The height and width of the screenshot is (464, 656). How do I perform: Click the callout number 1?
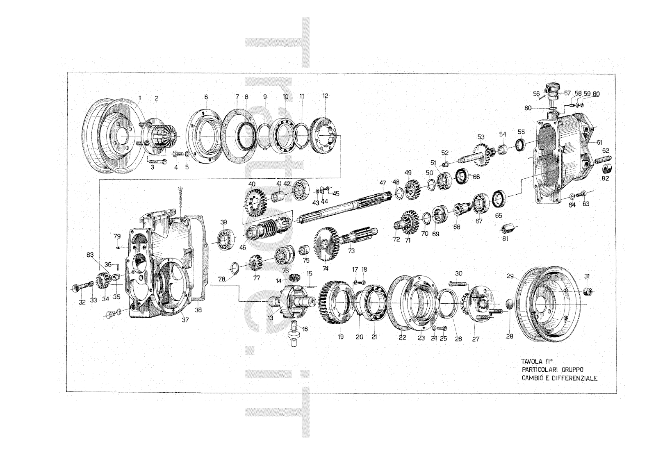(139, 98)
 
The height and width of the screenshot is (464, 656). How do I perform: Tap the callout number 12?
(325, 96)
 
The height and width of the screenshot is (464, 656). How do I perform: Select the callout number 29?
(510, 276)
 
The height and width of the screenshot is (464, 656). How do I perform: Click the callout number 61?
(599, 142)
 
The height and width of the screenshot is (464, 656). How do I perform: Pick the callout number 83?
(90, 255)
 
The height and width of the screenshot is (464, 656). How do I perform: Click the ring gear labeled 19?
(338, 302)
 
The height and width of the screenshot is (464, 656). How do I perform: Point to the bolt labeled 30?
(458, 283)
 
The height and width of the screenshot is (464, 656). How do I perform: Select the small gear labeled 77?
(256, 262)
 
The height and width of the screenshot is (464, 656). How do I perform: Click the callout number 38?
(198, 310)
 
